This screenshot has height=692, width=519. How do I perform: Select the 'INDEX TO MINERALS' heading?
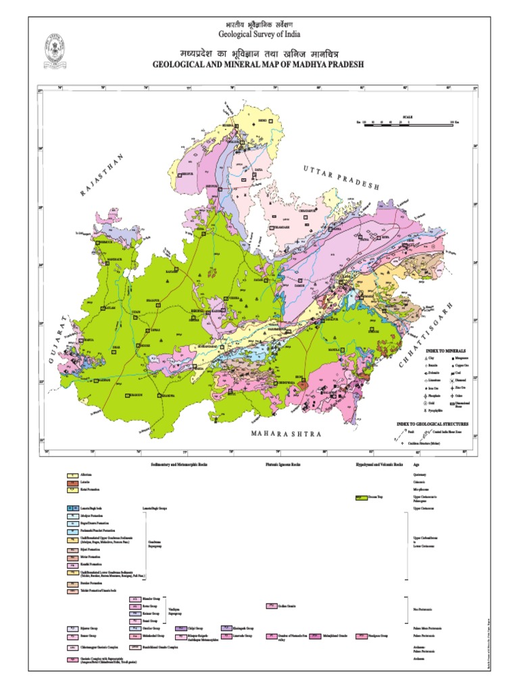click(444, 349)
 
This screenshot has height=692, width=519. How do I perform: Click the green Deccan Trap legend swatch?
click(360, 497)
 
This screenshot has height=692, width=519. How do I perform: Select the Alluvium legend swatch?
click(70, 475)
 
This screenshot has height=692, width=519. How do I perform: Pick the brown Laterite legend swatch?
click(70, 482)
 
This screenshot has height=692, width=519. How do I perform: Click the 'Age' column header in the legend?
click(416, 466)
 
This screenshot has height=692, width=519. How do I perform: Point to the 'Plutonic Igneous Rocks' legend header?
click(282, 466)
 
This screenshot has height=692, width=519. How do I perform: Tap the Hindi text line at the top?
click(259, 23)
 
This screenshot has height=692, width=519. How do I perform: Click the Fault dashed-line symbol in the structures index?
click(400, 431)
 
